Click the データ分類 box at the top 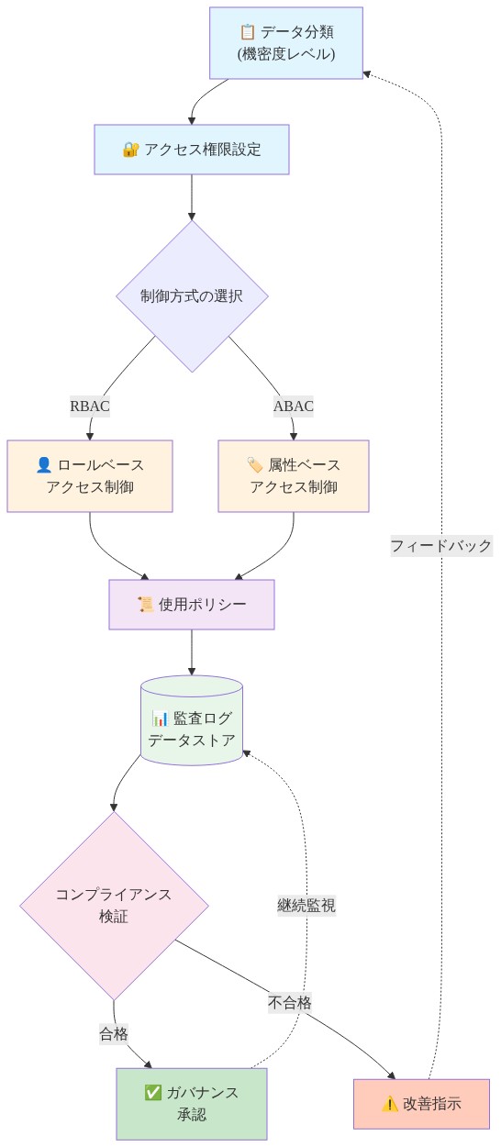click(x=285, y=43)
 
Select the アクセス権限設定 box click(x=191, y=150)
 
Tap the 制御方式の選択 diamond click(x=192, y=296)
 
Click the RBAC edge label click(x=90, y=406)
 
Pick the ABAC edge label click(x=293, y=406)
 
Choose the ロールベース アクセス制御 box click(x=90, y=476)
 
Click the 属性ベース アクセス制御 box click(x=293, y=476)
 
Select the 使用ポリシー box click(x=191, y=605)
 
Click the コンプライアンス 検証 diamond click(x=114, y=906)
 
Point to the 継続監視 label click(x=306, y=906)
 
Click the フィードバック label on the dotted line click(x=440, y=546)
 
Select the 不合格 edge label click(x=290, y=1003)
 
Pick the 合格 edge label click(x=114, y=1034)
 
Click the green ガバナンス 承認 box click(x=191, y=1104)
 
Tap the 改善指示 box click(x=421, y=1104)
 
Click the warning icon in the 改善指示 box click(x=390, y=1104)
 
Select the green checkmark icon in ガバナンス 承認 click(x=153, y=1093)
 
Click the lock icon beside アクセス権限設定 click(x=130, y=150)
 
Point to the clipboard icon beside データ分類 click(x=247, y=32)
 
